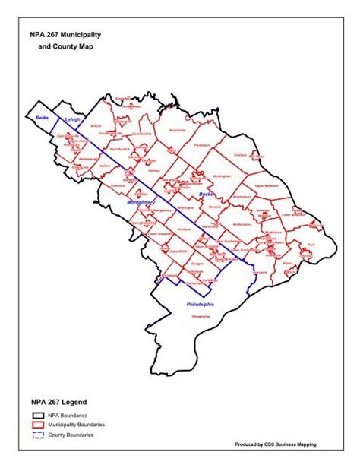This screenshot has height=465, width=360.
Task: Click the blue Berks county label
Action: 42,118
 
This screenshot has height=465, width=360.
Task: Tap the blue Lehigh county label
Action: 72,120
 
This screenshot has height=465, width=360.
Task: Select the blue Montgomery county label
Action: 141,202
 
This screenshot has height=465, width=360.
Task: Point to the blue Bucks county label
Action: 206,195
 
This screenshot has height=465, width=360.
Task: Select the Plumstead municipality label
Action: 201,144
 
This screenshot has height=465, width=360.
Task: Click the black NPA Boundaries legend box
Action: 38,416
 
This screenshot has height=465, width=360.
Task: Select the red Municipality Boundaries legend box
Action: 38,425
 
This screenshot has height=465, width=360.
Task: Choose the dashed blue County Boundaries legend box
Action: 38,434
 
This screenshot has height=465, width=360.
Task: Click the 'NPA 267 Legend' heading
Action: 59,401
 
